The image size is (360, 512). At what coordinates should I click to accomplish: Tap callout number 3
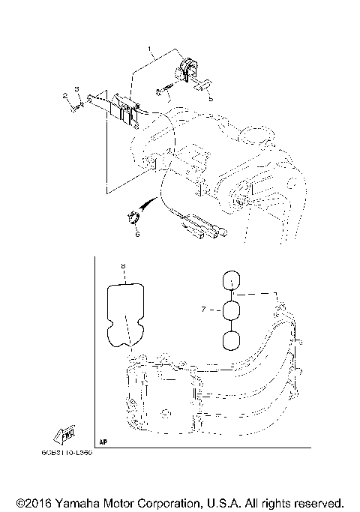point(76,90)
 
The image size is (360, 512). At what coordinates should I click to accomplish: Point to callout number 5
point(211,98)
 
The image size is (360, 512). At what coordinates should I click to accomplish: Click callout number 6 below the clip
point(137,234)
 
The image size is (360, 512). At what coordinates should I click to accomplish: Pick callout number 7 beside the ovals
point(204,308)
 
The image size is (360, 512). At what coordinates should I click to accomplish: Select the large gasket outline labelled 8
point(124,315)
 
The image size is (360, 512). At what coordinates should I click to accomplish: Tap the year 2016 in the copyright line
point(43,502)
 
